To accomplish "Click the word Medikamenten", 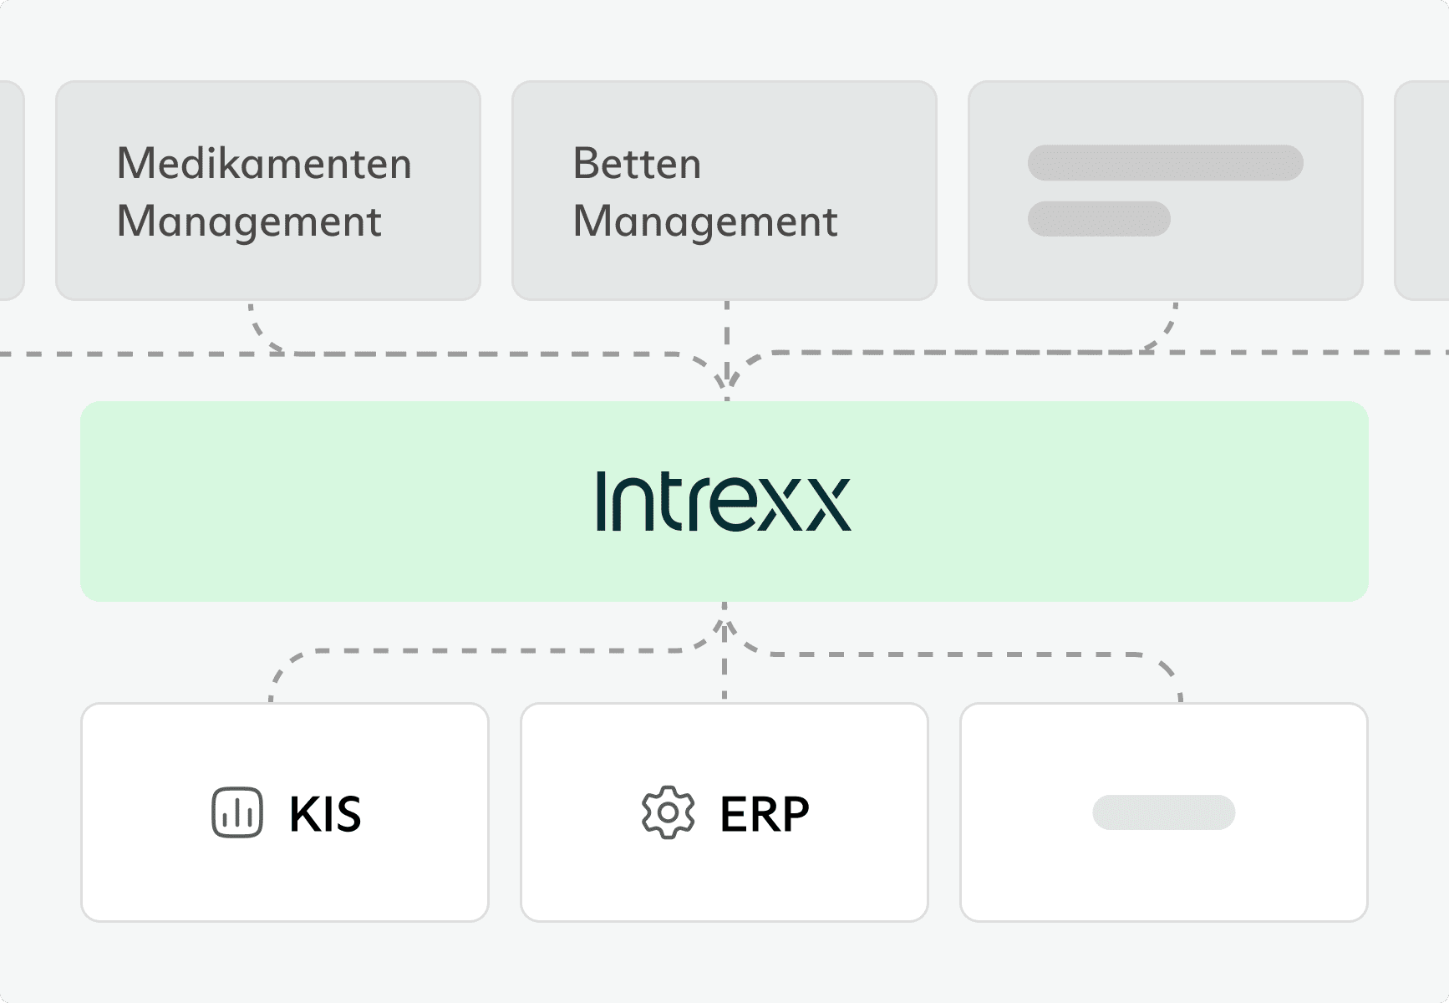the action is (x=264, y=163).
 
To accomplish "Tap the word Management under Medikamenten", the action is (x=249, y=221).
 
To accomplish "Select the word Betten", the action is (x=637, y=163).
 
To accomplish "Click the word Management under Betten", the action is (x=705, y=221).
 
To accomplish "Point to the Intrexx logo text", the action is (x=724, y=501).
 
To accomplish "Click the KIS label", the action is (x=325, y=814).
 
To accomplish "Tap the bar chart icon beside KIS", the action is (x=237, y=812).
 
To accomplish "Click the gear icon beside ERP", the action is (x=668, y=812).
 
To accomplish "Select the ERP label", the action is (x=765, y=814).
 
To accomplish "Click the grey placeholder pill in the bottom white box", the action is (x=1164, y=812).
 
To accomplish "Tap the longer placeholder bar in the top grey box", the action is (x=1166, y=163).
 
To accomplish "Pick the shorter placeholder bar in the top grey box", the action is (x=1099, y=219).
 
